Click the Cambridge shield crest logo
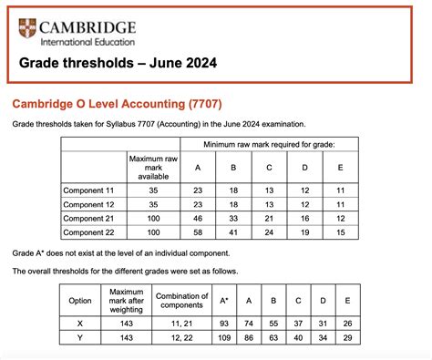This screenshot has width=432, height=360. point(28,30)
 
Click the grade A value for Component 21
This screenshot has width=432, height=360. point(198,219)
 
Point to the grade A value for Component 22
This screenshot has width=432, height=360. point(198,233)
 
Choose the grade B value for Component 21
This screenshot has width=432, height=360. point(233,219)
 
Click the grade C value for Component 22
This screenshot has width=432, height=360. point(269,233)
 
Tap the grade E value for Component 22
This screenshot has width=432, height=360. point(341,233)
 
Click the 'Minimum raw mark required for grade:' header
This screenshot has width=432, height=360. point(270,145)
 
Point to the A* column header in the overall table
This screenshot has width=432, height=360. point(225,300)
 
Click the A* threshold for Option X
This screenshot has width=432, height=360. point(225,323)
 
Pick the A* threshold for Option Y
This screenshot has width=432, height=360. point(225,337)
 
